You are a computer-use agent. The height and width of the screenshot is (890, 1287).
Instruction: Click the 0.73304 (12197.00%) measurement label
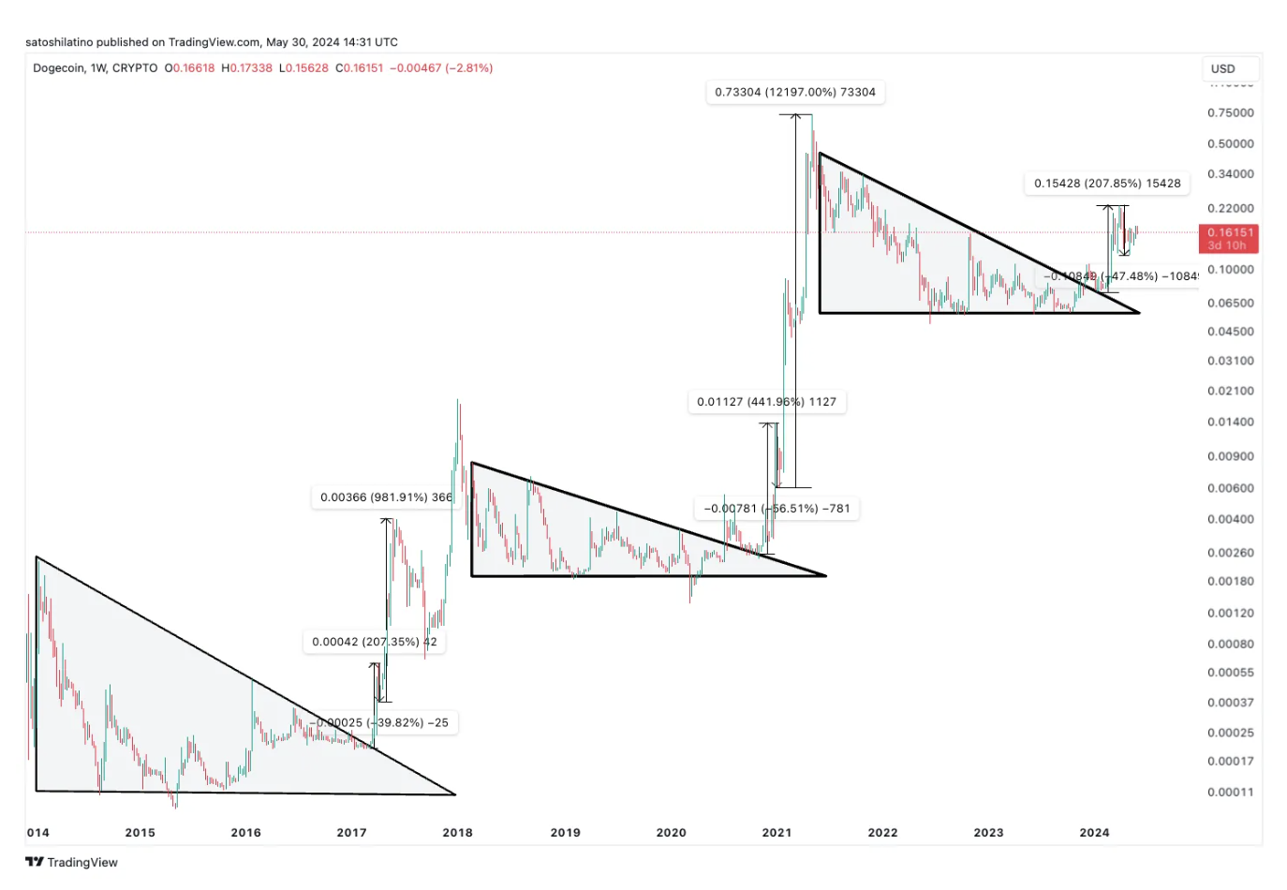click(794, 92)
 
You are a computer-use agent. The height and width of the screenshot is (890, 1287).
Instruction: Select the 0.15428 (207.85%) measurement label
click(1107, 184)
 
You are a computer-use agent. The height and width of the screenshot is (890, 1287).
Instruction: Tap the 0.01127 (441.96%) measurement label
click(766, 402)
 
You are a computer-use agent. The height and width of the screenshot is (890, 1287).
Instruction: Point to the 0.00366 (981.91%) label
click(385, 497)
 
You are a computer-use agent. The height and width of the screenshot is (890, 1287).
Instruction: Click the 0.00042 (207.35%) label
click(374, 642)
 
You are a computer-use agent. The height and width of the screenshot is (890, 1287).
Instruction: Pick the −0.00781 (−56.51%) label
click(777, 509)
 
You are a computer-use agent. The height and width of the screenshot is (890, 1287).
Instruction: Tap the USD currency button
click(1223, 68)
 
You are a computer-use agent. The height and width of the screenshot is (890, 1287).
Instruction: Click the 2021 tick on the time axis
click(777, 832)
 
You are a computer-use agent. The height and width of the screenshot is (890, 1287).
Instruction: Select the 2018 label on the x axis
click(457, 832)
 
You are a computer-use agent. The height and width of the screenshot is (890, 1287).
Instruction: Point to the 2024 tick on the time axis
click(1094, 832)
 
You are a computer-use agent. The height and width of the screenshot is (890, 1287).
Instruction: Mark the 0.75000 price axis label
click(1230, 112)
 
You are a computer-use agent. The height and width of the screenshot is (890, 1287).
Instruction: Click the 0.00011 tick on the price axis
click(1230, 792)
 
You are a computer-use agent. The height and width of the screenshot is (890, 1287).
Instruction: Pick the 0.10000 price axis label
click(1230, 269)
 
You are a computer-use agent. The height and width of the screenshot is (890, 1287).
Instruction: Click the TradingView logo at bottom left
click(72, 862)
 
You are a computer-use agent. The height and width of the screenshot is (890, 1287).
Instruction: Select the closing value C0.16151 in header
click(360, 68)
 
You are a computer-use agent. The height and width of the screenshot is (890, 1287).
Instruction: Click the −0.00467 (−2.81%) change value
click(441, 68)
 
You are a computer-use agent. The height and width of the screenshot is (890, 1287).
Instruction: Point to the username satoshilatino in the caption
click(59, 42)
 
